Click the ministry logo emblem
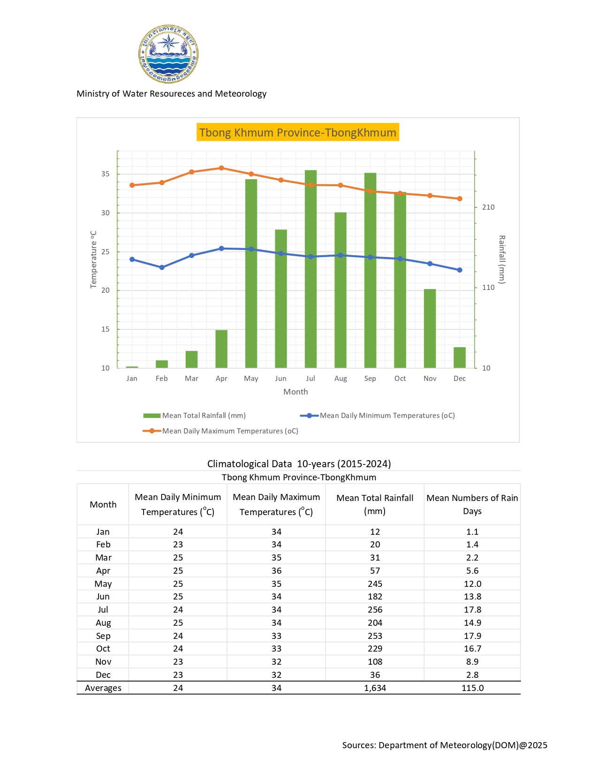click(168, 54)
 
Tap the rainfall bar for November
click(430, 328)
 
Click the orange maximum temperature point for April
click(221, 168)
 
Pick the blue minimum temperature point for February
click(162, 267)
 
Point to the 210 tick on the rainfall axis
click(488, 207)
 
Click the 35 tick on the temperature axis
click(106, 174)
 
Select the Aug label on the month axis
click(341, 379)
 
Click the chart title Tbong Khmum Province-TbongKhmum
click(298, 132)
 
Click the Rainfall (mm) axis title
click(501, 259)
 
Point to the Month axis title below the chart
click(295, 392)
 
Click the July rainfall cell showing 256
click(375, 610)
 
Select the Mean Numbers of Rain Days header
click(472, 504)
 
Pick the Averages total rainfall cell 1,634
click(375, 688)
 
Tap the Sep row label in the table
click(103, 636)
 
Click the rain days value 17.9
click(472, 636)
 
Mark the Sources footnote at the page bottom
click(445, 745)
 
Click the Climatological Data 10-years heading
click(299, 464)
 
